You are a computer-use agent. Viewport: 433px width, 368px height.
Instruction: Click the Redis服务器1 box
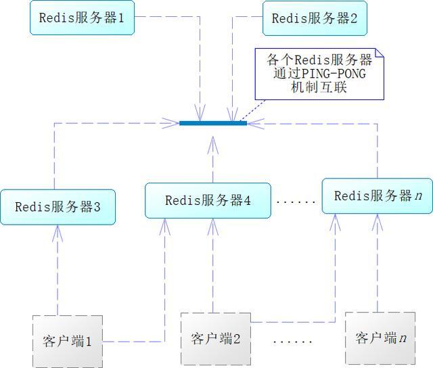tap(81, 18)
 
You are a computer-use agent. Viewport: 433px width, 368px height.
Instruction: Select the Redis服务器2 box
tap(315, 19)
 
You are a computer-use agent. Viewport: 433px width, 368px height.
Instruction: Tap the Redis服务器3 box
tap(58, 207)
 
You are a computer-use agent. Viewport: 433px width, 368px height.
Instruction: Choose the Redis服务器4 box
tap(208, 200)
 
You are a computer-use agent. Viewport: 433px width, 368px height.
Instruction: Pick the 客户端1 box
tap(67, 340)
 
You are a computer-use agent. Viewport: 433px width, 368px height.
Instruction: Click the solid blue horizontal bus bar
tap(213, 123)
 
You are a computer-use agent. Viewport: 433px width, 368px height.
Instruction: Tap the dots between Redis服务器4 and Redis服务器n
tap(296, 202)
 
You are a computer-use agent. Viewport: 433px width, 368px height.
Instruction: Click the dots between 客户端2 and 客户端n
tap(292, 341)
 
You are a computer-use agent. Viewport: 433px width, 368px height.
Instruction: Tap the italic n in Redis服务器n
tap(419, 196)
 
